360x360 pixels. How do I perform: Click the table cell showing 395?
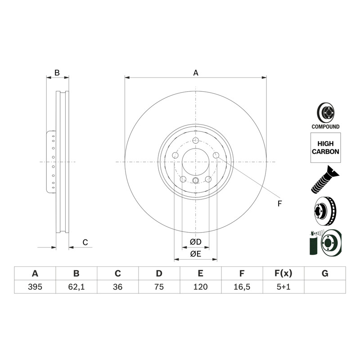click(35, 287)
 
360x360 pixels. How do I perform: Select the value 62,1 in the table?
click(76, 287)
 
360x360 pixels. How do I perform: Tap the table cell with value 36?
click(117, 287)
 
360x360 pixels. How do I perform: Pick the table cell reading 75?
click(159, 287)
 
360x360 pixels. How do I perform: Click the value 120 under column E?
click(200, 287)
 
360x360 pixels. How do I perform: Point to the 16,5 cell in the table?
click(242, 287)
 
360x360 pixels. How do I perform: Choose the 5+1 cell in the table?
click(283, 287)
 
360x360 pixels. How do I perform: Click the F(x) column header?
click(283, 274)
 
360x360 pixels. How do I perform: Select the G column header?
click(325, 274)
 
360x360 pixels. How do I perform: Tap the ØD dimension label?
click(196, 242)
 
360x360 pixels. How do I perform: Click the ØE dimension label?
click(196, 254)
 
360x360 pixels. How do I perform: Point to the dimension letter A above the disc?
click(196, 73)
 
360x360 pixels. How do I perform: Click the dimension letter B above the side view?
click(57, 73)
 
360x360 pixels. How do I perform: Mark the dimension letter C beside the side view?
click(85, 243)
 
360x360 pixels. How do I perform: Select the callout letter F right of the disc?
click(279, 204)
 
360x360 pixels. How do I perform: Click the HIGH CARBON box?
click(325, 148)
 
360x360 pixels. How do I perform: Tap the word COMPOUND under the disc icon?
click(325, 127)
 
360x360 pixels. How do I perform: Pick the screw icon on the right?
click(325, 179)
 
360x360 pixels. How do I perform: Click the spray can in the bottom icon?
click(313, 243)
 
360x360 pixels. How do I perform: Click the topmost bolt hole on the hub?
click(195, 140)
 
